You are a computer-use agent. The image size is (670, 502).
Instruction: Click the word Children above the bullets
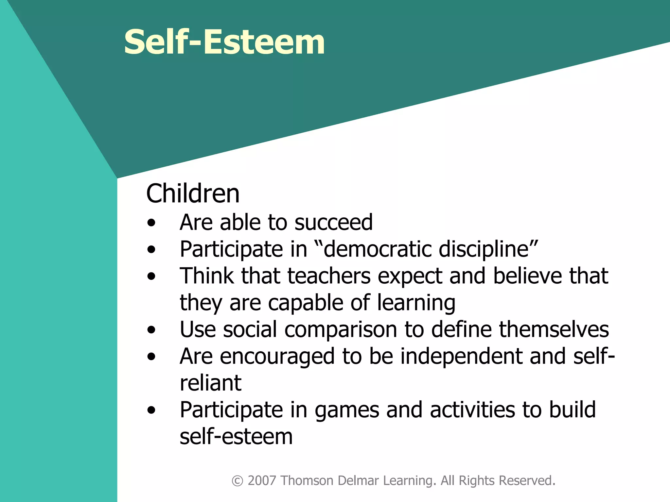click(193, 193)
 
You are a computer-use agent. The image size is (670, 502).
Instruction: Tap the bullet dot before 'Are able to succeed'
click(151, 223)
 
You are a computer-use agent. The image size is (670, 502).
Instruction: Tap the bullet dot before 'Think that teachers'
click(151, 277)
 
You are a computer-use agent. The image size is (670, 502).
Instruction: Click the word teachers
click(329, 276)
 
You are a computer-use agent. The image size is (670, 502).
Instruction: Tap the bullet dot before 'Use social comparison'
click(151, 330)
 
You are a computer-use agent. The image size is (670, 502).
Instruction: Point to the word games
click(346, 410)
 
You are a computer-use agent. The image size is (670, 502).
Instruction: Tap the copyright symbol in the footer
click(238, 481)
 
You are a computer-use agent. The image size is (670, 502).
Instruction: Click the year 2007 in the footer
click(262, 481)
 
